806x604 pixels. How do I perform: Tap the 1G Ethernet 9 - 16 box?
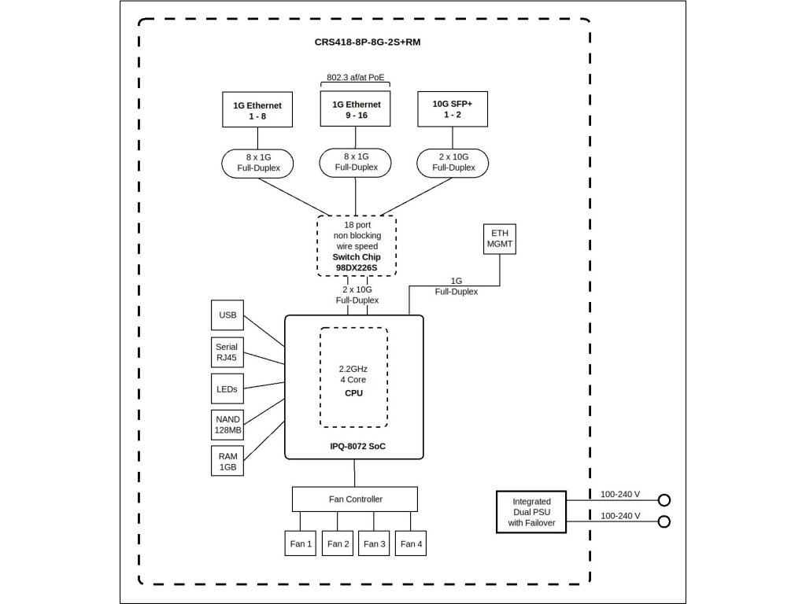[356, 109]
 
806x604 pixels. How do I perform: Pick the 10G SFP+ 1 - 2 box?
[452, 109]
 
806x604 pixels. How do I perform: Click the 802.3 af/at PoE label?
[357, 78]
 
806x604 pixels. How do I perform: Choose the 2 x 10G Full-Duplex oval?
[452, 162]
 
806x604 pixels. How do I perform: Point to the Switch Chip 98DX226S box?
[357, 245]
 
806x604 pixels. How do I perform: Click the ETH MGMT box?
[500, 239]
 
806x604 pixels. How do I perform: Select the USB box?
[227, 315]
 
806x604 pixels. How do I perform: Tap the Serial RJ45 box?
[227, 352]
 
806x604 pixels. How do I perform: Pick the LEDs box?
[227, 388]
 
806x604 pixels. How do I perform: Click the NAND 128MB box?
[227, 425]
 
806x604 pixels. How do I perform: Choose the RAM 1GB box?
[227, 461]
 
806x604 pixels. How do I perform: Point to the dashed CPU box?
[354, 377]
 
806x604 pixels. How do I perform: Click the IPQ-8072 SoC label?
[354, 446]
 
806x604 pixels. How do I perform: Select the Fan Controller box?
[354, 499]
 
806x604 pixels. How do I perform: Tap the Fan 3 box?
[373, 543]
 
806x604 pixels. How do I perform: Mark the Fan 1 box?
[299, 543]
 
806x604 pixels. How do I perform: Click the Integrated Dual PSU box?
[531, 512]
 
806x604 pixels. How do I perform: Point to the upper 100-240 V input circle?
[664, 500]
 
